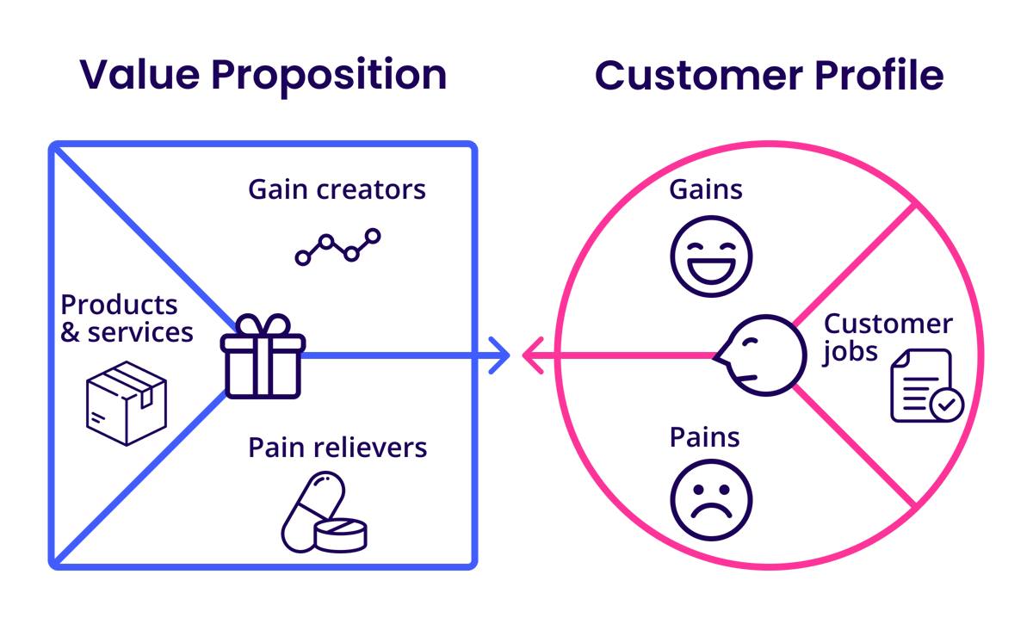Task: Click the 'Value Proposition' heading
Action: coord(263,76)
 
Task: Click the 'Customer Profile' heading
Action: coord(769,76)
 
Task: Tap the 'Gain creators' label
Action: coord(337,189)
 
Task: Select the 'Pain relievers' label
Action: coord(337,448)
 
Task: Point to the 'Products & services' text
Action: coord(127,318)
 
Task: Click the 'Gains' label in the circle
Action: coord(706,189)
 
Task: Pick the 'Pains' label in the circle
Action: coord(704,437)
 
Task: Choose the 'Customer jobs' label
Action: coord(887,337)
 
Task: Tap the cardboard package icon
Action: coord(127,403)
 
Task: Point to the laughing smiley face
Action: coord(711,256)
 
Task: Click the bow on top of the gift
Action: coord(263,326)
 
